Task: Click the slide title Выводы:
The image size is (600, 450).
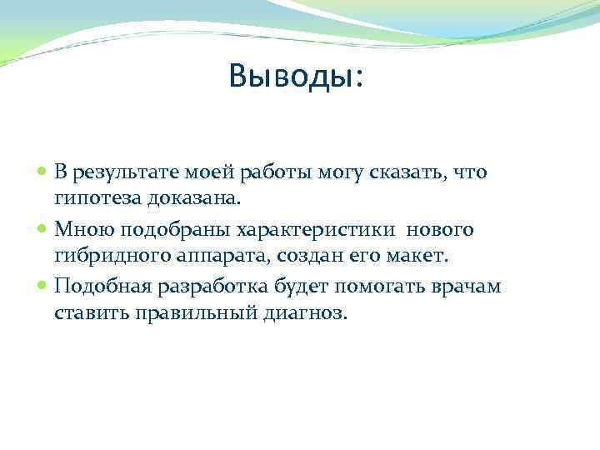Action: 296,77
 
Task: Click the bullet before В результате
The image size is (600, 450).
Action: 43,172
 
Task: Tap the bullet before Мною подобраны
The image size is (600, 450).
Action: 43,229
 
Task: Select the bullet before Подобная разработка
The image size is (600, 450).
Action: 43,287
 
